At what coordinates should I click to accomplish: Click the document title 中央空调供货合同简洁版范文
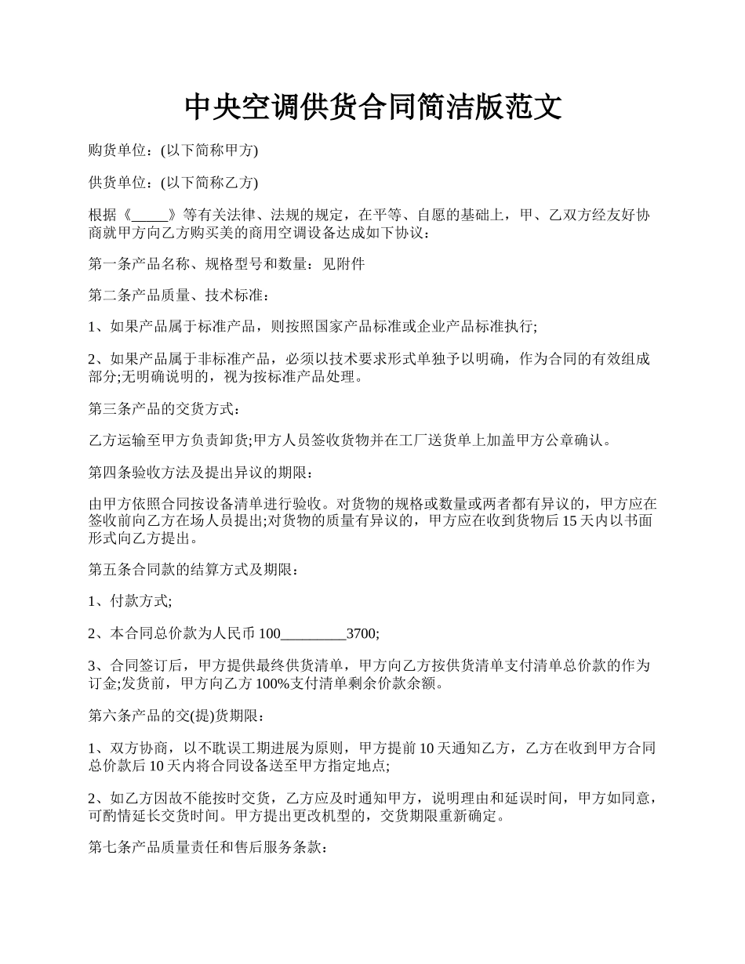tap(372, 107)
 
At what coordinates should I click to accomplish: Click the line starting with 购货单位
tap(173, 150)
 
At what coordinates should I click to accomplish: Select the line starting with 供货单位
tap(173, 183)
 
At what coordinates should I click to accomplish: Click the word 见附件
tap(343, 264)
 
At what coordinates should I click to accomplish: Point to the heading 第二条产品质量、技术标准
tap(180, 295)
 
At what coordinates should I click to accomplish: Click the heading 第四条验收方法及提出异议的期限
tap(202, 473)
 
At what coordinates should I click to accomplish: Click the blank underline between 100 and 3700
tap(313, 633)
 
